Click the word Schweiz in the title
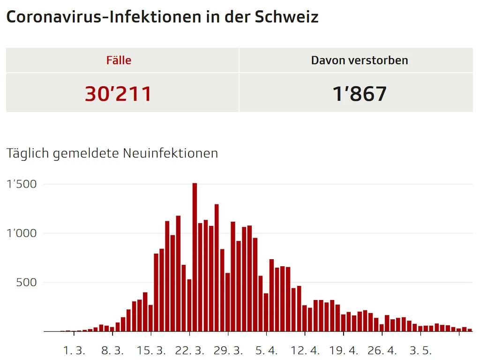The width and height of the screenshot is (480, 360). (x=286, y=17)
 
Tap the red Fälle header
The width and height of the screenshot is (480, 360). (x=119, y=60)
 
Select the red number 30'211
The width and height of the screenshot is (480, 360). (x=119, y=93)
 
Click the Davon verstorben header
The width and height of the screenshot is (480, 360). (x=360, y=60)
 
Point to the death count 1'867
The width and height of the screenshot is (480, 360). (x=360, y=93)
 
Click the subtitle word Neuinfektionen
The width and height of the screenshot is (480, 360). (x=171, y=153)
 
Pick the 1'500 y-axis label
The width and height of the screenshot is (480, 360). (x=22, y=184)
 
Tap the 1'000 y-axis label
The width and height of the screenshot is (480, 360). (x=22, y=233)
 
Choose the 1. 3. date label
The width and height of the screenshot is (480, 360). (x=74, y=351)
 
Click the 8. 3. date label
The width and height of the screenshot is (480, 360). (x=112, y=351)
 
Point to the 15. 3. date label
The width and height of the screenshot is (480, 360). (x=151, y=351)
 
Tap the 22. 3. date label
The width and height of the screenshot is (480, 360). (x=189, y=351)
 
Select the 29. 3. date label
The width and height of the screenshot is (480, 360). (x=228, y=351)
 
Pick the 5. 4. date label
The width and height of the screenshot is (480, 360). (x=266, y=351)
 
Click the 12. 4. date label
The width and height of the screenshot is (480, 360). (x=305, y=351)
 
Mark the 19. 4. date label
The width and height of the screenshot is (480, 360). (x=343, y=351)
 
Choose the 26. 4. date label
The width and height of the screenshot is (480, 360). (x=382, y=351)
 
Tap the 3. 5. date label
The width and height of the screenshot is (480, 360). (x=420, y=351)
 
